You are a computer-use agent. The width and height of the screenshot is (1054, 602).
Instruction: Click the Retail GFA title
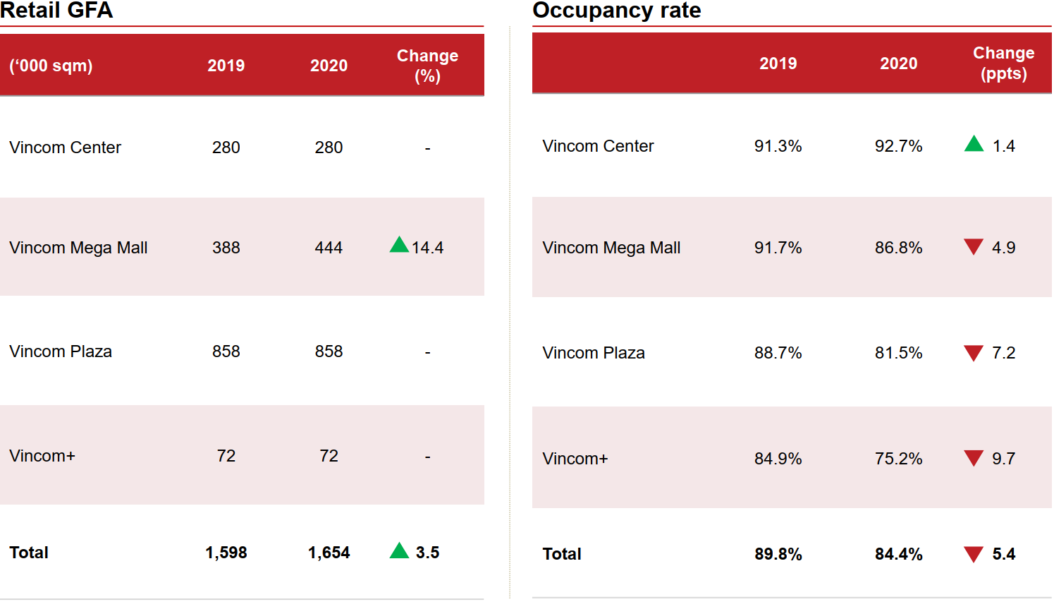pos(56,11)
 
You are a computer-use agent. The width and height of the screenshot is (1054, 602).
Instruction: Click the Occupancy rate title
pos(616,11)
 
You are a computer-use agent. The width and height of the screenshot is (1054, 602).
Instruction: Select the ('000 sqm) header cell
pos(51,66)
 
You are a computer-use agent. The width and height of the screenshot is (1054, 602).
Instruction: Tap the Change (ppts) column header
pos(1003,63)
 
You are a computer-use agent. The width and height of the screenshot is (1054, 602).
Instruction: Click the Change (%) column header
pos(427,66)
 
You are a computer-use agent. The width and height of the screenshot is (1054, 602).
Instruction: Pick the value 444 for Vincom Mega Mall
pos(329,248)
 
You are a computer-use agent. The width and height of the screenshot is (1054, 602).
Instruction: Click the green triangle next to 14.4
pos(399,246)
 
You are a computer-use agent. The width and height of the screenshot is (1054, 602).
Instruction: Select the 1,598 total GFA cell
pos(226,553)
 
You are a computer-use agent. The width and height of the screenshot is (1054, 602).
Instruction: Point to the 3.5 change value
pos(427,553)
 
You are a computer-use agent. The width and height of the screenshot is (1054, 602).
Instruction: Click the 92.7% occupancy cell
pos(898,146)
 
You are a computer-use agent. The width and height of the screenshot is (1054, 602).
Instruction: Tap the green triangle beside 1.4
pos(974,144)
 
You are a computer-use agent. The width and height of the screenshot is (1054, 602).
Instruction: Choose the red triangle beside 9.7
pos(974,459)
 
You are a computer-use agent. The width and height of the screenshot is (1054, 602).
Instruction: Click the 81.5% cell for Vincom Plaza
pos(898,353)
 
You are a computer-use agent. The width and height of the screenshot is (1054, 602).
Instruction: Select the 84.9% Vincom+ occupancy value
pos(778,459)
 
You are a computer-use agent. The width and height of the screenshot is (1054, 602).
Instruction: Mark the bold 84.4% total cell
pos(898,554)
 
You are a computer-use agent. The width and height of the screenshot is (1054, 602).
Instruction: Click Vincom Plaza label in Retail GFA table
pos(61,351)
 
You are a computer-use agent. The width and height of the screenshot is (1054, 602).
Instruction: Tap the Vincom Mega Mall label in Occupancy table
pos(611,248)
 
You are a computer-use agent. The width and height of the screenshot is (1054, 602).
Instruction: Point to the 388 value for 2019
pos(226,248)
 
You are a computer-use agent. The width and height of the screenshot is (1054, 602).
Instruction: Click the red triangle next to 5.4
pos(974,555)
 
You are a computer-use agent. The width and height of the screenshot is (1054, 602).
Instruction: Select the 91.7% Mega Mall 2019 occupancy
pos(778,248)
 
